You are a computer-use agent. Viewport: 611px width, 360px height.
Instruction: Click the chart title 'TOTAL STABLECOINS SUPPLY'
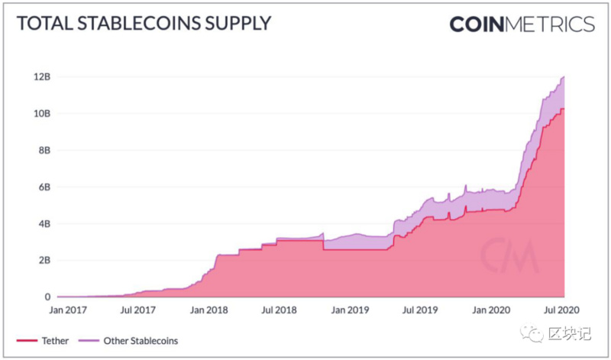coord(143,24)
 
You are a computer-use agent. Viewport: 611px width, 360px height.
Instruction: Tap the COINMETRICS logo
coord(522,24)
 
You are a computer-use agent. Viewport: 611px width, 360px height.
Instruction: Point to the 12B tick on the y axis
coord(42,76)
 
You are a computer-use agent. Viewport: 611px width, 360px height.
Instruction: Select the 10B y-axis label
coord(42,113)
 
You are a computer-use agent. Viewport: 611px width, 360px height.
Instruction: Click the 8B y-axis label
coord(44,150)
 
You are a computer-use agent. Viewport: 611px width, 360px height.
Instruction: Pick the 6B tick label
coord(44,186)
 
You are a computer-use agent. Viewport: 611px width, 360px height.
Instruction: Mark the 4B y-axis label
coord(44,223)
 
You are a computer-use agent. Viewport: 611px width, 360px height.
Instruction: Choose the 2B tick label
coord(44,260)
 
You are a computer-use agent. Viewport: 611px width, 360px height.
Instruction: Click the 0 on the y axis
coord(47,297)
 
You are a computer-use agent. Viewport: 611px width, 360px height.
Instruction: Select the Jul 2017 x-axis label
coord(137,310)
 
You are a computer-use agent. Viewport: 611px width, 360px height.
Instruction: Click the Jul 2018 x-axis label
coord(278,310)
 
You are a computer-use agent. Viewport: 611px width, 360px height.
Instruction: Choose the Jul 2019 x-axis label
coord(419,310)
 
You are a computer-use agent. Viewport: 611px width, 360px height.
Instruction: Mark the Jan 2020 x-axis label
coord(490,310)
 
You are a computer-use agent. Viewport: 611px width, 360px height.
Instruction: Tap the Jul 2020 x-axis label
coord(561,310)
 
